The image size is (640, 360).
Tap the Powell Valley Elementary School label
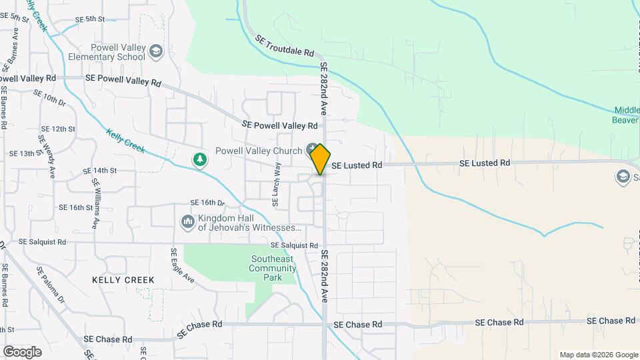click(x=107, y=52)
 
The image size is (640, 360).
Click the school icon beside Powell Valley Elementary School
click(x=156, y=51)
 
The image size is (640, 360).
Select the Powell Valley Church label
click(x=259, y=151)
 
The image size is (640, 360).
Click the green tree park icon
click(x=199, y=159)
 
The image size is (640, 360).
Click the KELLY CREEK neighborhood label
click(x=123, y=280)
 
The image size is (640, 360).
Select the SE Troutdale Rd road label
click(x=284, y=46)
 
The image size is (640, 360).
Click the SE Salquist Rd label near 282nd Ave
click(x=294, y=245)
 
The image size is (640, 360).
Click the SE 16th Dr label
click(x=208, y=203)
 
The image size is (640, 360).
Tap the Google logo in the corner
click(x=22, y=352)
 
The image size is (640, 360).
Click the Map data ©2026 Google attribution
click(x=598, y=355)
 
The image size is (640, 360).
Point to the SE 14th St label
click(x=101, y=171)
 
